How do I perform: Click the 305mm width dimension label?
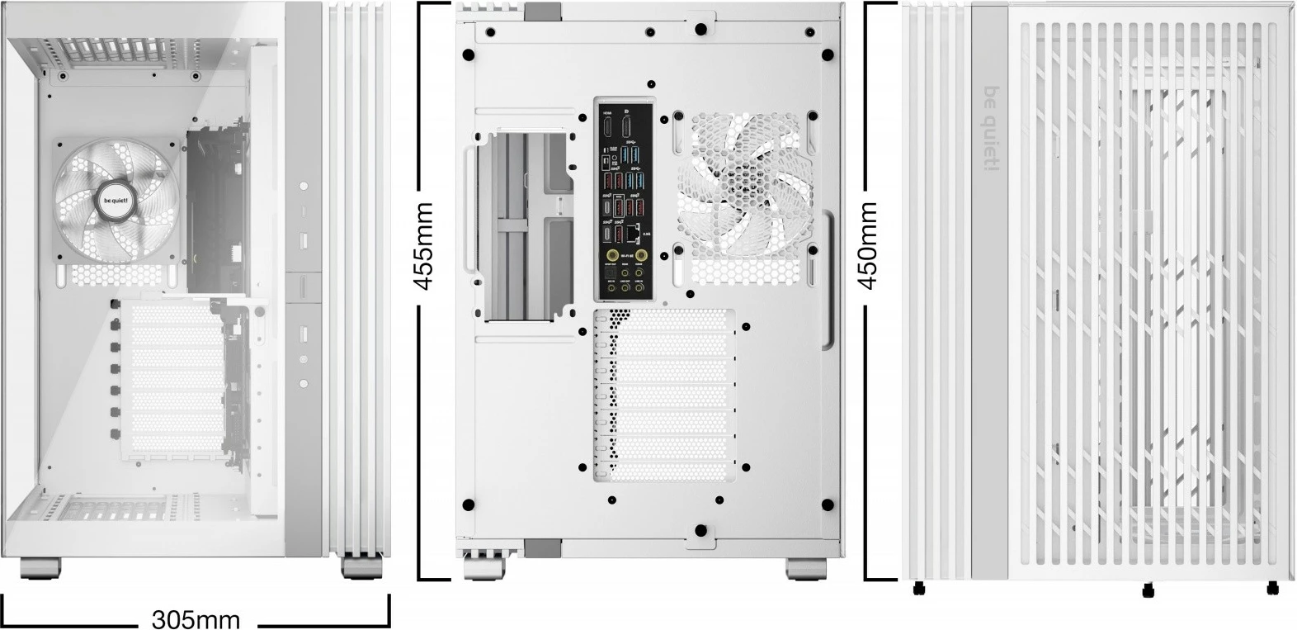[x=196, y=618]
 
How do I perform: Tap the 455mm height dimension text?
[x=423, y=246]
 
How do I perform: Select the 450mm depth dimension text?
[x=868, y=245]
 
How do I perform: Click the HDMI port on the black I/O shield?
[x=607, y=128]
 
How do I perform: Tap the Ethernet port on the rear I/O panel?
[x=633, y=234]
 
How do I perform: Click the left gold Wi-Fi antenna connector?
[x=611, y=257]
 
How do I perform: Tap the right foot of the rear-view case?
[x=804, y=568]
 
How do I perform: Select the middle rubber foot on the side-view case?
[x=1147, y=590]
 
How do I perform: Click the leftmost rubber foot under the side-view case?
[x=917, y=589]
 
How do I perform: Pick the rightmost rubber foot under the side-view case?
[x=1273, y=588]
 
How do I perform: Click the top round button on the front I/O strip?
[x=304, y=187]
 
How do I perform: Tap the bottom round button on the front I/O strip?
[x=304, y=383]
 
